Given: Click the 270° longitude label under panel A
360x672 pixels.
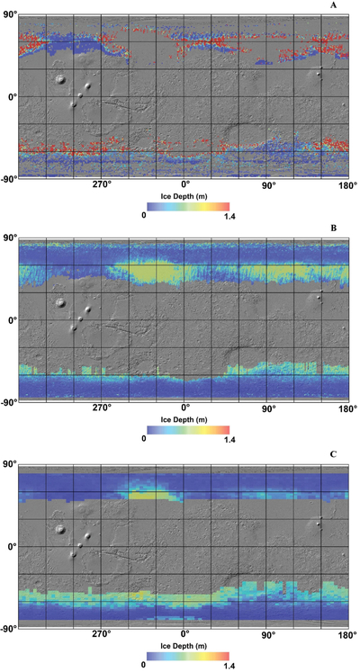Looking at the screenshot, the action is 102,185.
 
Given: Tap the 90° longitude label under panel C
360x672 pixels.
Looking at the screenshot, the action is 267,633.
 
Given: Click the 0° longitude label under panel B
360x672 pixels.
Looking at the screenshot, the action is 184,408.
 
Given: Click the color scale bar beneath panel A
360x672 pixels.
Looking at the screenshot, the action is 188,206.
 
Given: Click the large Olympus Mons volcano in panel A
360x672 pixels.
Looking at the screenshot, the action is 61,79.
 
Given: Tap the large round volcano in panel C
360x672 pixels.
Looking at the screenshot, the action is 61,529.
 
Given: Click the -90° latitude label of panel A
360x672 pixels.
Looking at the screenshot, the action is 9,178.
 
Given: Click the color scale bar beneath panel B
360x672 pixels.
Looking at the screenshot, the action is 188,429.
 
